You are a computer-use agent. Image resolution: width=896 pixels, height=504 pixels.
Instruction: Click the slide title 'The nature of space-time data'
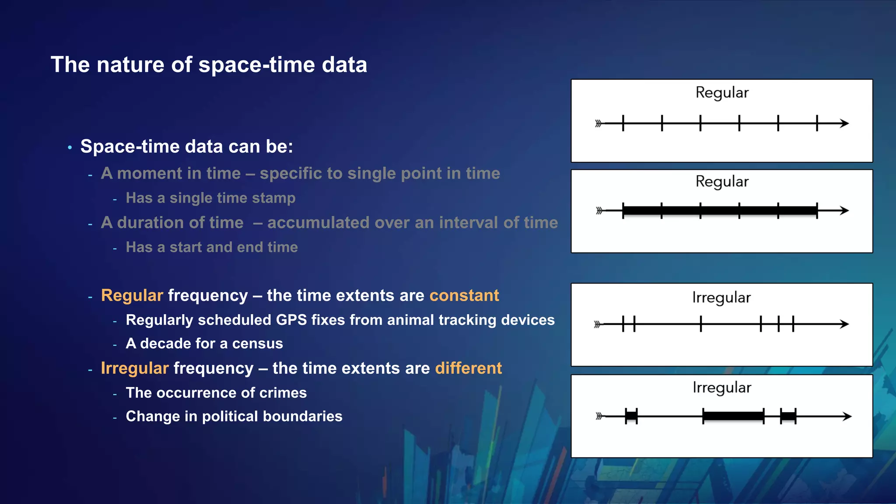point(209,65)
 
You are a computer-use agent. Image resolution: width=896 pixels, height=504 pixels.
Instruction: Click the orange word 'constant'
point(464,296)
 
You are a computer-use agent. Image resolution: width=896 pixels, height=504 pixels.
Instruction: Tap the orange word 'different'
point(468,368)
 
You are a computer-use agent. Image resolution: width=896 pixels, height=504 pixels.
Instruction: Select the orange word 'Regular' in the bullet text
point(132,296)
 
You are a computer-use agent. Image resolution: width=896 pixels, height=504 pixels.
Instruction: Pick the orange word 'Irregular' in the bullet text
point(134,368)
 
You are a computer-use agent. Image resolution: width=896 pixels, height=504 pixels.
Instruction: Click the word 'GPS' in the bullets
point(291,320)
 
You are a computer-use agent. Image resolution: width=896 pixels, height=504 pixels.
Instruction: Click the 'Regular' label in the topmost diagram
point(722,93)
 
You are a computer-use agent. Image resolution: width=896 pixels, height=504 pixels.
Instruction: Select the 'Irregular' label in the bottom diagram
point(722,388)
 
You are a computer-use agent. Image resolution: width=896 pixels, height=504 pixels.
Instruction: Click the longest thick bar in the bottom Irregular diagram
point(733,416)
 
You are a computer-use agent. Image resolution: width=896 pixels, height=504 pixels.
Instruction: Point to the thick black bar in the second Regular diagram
point(720,211)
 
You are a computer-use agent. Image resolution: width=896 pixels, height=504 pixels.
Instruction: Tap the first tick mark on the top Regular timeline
point(623,123)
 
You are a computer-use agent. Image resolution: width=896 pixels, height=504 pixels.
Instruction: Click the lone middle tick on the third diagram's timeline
point(700,324)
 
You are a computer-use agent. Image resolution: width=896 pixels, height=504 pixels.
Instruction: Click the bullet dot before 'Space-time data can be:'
point(70,148)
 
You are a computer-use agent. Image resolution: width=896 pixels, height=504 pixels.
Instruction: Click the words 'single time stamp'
point(232,198)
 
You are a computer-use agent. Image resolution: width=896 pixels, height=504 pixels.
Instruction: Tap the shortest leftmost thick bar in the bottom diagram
point(631,416)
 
